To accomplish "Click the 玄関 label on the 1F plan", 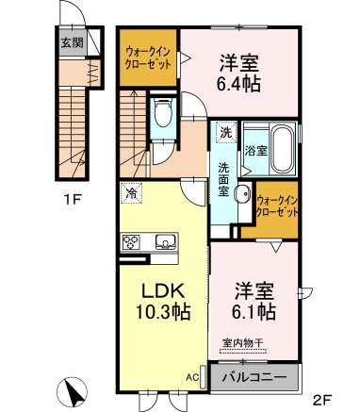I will (72, 41).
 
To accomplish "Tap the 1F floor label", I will (72, 199).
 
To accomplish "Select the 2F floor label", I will (324, 397).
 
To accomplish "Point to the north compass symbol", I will (74, 390).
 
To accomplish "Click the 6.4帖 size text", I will (239, 81).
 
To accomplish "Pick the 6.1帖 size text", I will (252, 309).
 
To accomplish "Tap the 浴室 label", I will (254, 150).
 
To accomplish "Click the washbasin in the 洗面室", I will (242, 197).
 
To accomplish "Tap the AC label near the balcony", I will (192, 378).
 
